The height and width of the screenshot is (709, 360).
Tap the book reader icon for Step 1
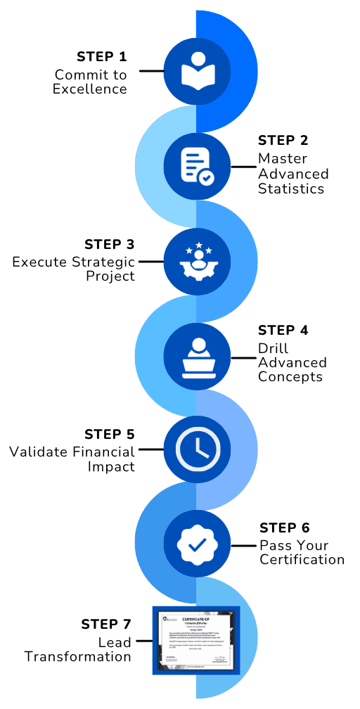click(196, 70)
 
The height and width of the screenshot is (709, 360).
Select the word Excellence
click(90, 89)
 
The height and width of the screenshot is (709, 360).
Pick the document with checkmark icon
click(196, 167)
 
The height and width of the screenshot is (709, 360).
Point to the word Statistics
click(291, 189)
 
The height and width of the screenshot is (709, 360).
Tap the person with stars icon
click(196, 261)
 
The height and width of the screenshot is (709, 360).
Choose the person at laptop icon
click(196, 357)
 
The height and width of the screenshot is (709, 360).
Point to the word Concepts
click(290, 377)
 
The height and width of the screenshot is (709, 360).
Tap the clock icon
click(196, 449)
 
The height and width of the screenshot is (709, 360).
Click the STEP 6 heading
click(284, 528)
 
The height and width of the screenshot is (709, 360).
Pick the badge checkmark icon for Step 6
click(196, 544)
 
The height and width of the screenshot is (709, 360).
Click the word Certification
click(302, 560)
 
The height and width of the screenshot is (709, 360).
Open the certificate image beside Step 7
click(196, 640)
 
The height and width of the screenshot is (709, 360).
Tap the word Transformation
click(78, 657)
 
